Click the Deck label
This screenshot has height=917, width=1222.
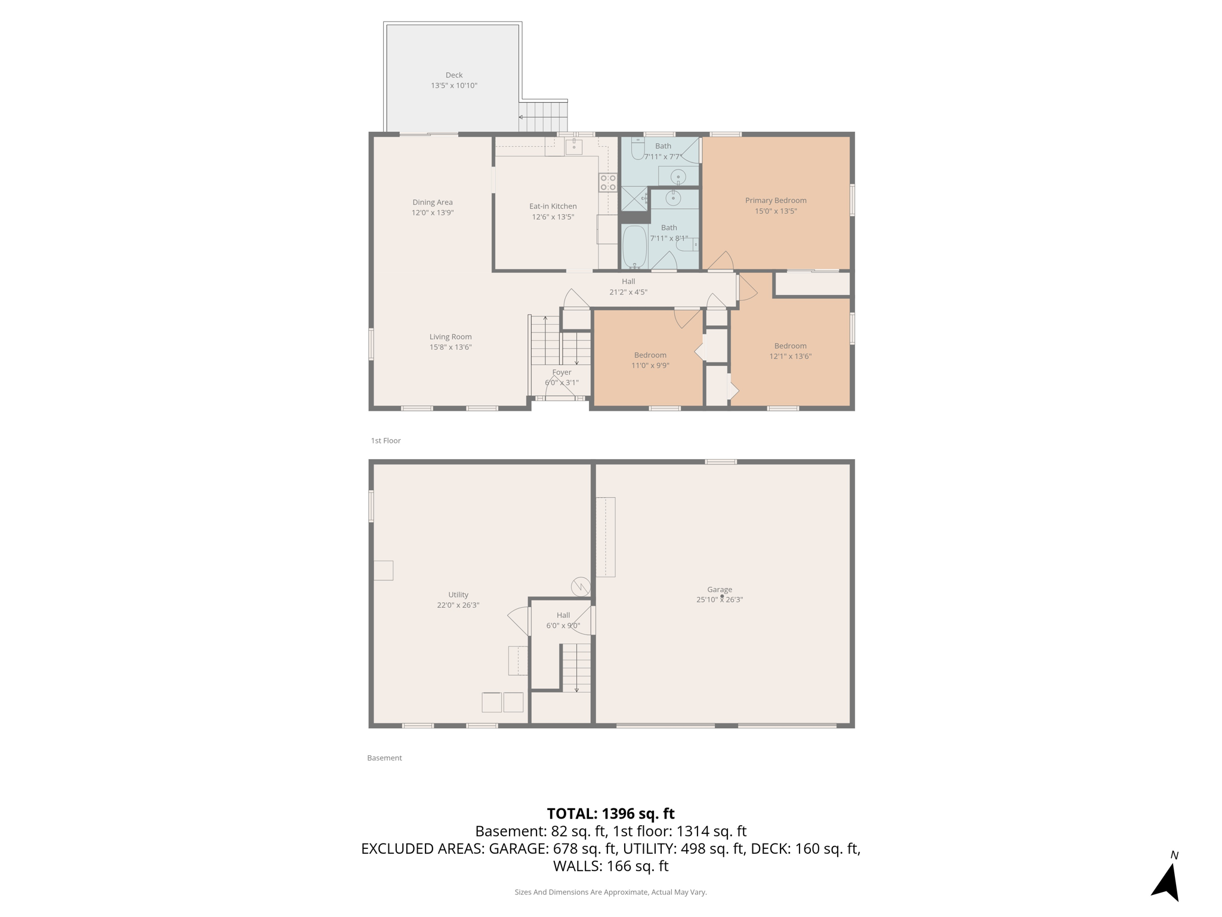tap(454, 75)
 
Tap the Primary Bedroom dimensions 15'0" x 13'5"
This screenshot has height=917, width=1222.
tap(775, 211)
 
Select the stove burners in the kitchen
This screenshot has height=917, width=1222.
tap(608, 183)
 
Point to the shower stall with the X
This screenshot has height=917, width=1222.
tap(634, 198)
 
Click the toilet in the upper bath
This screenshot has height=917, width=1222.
tap(637, 149)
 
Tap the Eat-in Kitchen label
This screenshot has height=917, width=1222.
tap(553, 207)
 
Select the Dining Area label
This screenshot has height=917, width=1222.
tap(433, 202)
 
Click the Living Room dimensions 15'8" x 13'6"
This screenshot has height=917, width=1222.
tap(450, 347)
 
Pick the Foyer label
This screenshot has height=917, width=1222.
tap(561, 373)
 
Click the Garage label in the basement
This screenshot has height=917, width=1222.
tap(720, 589)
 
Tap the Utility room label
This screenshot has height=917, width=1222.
tap(458, 595)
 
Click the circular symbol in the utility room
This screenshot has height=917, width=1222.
tap(581, 587)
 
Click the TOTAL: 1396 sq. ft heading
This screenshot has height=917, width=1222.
tap(610, 814)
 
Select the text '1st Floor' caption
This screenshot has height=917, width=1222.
tap(385, 441)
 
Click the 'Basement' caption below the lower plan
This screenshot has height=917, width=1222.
tap(384, 758)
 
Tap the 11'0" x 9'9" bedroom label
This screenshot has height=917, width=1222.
tap(650, 365)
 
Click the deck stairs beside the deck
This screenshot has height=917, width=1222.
tap(542, 117)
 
